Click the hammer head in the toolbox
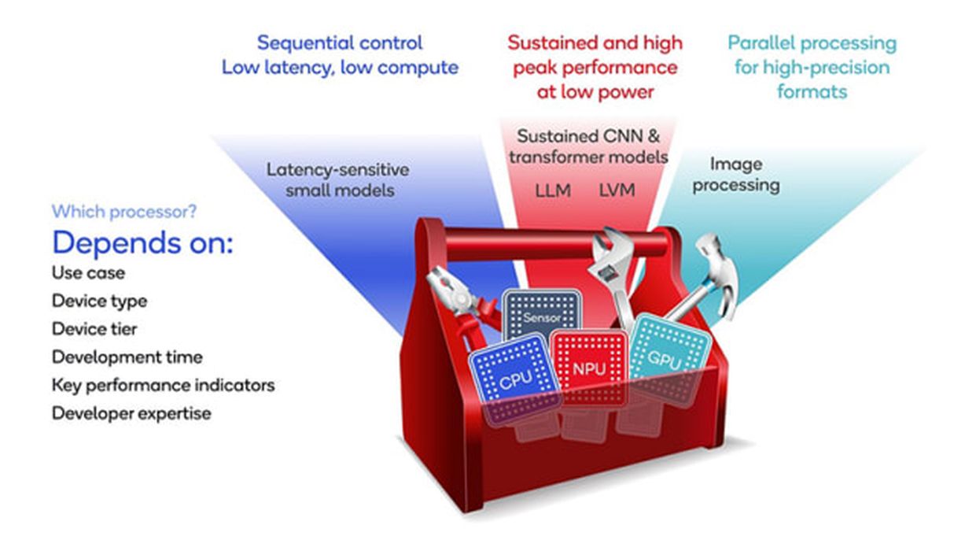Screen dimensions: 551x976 pyautogui.click(x=712, y=261)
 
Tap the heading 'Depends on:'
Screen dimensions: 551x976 pyautogui.click(x=142, y=243)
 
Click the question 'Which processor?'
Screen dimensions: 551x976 pyautogui.click(x=123, y=212)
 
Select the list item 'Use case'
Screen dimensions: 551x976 pyautogui.click(x=88, y=273)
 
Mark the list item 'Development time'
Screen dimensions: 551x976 pyautogui.click(x=127, y=357)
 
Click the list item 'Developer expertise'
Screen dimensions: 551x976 pyautogui.click(x=131, y=413)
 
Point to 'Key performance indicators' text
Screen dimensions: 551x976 pyautogui.click(x=163, y=385)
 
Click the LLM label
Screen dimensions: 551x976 pyautogui.click(x=551, y=190)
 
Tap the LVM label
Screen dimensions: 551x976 pyautogui.click(x=617, y=190)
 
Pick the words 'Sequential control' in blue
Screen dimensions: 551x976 pyautogui.click(x=340, y=43)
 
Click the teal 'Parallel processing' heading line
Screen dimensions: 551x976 pyautogui.click(x=812, y=43)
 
